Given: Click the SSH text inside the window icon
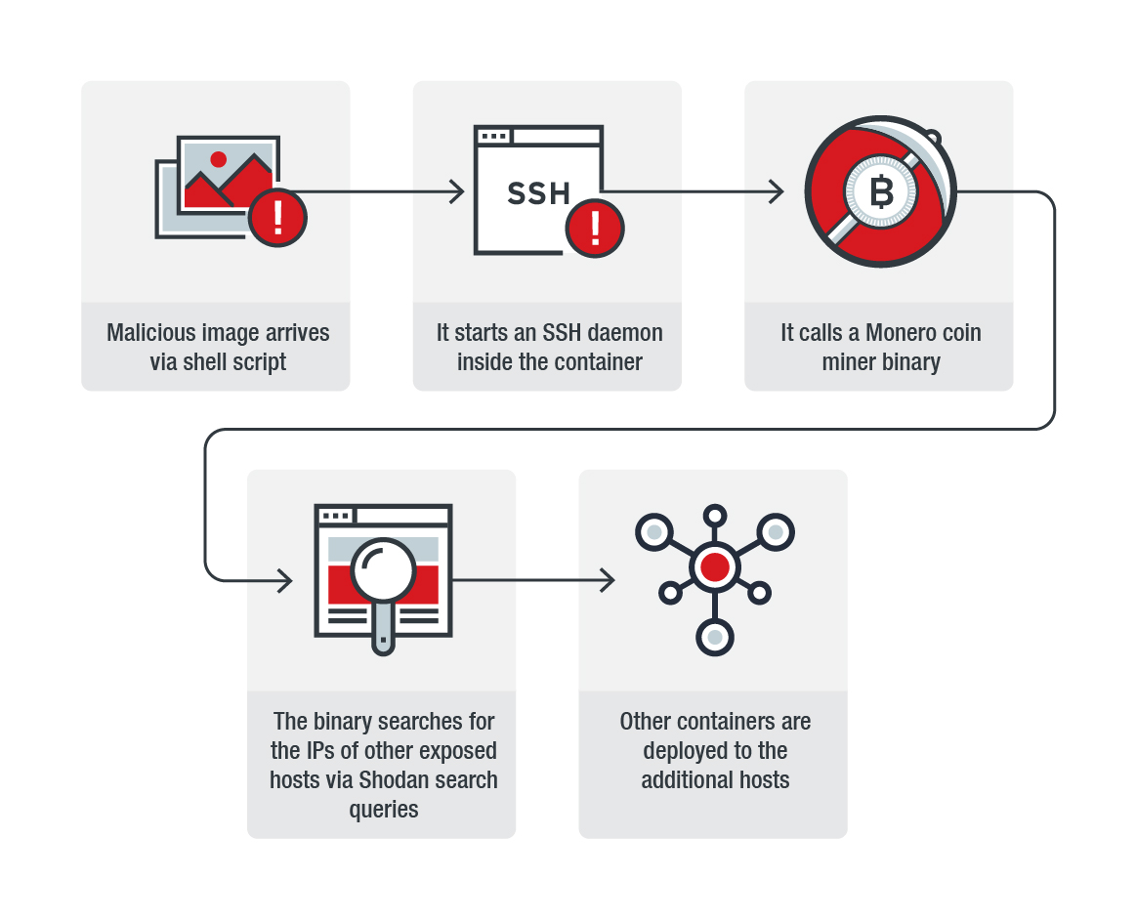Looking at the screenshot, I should tap(538, 192).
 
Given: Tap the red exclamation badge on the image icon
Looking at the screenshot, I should tap(277, 218).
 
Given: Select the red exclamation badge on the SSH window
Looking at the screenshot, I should tap(595, 229).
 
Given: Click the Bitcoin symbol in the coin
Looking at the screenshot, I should tap(881, 192).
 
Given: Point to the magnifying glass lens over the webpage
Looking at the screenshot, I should tap(384, 572).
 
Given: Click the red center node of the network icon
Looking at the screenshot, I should tap(715, 566).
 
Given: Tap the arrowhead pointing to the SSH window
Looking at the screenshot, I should tap(457, 192).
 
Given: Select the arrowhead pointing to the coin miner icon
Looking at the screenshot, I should tap(777, 192).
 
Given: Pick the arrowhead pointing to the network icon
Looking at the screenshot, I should tap(608, 580).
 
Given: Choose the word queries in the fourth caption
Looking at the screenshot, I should tap(384, 810).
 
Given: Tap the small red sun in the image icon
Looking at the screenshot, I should tap(218, 159).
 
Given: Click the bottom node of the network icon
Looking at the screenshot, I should tap(715, 637).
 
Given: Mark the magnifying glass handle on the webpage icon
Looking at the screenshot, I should tap(384, 632).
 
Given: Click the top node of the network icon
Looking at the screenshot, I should tap(715, 515).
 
